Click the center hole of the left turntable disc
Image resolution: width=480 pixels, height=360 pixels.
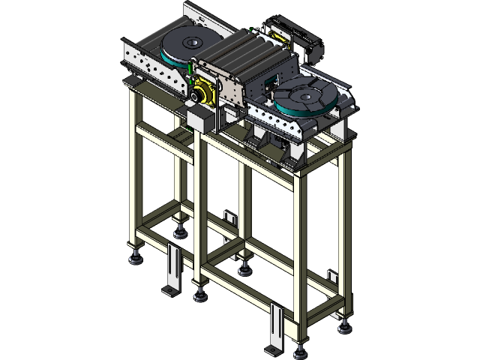(190, 45)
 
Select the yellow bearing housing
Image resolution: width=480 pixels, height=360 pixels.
(202, 95)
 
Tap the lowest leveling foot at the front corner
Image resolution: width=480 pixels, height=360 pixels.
(301, 347)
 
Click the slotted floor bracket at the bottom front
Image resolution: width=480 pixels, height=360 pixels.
(275, 328)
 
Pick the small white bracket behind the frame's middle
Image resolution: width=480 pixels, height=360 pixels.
(229, 217)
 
